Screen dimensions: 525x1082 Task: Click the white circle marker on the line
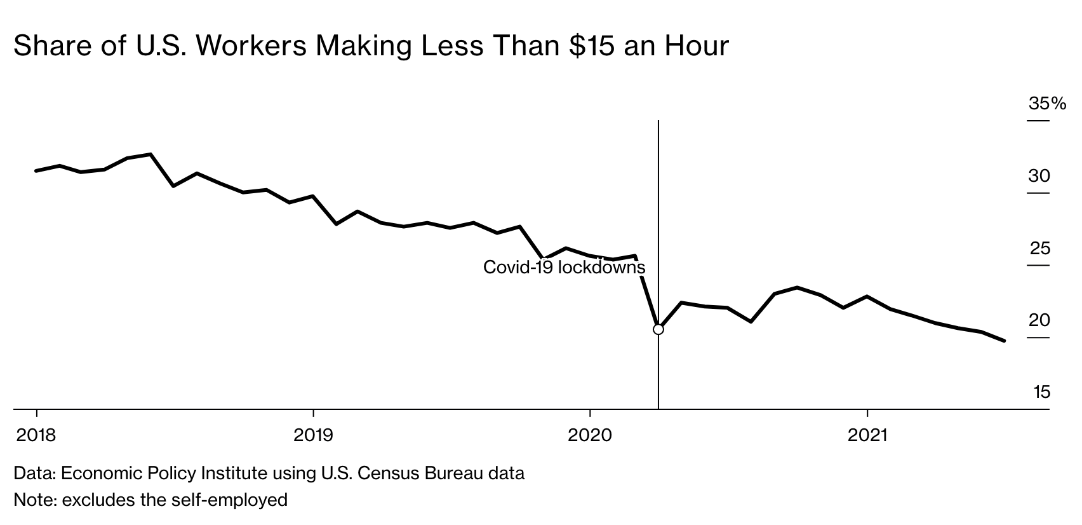click(658, 329)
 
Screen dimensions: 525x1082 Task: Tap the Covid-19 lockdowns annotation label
click(564, 267)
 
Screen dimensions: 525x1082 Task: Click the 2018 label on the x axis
click(36, 435)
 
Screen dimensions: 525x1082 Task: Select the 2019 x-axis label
click(313, 435)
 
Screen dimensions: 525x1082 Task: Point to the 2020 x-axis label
click(590, 435)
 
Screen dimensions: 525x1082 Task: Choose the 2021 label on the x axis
click(867, 435)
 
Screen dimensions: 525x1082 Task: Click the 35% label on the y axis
click(1047, 104)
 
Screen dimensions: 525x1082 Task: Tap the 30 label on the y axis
click(1039, 176)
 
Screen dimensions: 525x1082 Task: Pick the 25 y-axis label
click(1040, 249)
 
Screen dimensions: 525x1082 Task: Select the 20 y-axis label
click(1039, 320)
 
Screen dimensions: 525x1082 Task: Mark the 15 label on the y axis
click(1042, 392)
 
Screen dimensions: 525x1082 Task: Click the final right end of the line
click(1005, 341)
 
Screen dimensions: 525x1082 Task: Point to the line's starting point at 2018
click(36, 171)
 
